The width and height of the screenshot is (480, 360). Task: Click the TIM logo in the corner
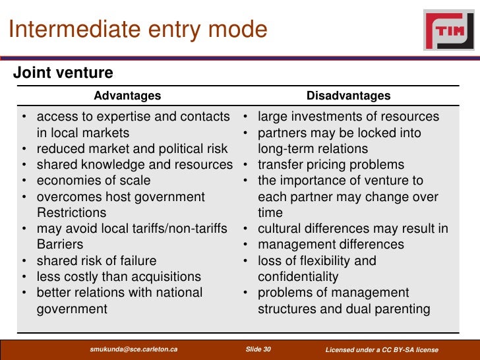pyautogui.click(x=450, y=30)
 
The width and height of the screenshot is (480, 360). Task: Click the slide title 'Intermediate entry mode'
pyautogui.click(x=138, y=30)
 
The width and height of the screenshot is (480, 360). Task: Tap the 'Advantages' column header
pyautogui.click(x=127, y=96)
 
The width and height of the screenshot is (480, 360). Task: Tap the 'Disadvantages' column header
pyautogui.click(x=348, y=96)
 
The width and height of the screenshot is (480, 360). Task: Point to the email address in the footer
pyautogui.click(x=133, y=349)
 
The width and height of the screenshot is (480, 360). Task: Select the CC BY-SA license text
pyautogui.click(x=382, y=349)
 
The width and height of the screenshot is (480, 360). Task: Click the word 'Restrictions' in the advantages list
pyautogui.click(x=71, y=213)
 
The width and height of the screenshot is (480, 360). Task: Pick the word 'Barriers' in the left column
pyautogui.click(x=59, y=245)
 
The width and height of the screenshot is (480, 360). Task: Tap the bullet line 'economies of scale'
pyautogui.click(x=94, y=181)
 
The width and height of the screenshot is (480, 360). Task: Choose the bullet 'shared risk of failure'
pyautogui.click(x=96, y=260)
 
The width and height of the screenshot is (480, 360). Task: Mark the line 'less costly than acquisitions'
pyautogui.click(x=119, y=277)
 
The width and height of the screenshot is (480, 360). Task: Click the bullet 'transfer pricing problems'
pyautogui.click(x=331, y=165)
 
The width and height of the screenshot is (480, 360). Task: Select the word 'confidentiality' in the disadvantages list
pyautogui.click(x=298, y=277)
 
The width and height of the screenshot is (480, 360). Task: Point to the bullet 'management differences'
pyautogui.click(x=330, y=245)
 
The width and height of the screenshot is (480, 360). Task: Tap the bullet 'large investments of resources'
pyautogui.click(x=348, y=117)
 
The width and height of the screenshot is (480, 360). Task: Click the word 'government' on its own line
pyautogui.click(x=71, y=309)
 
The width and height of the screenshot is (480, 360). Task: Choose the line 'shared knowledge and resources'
pyautogui.click(x=135, y=165)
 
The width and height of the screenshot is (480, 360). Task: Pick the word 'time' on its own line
pyautogui.click(x=270, y=213)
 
